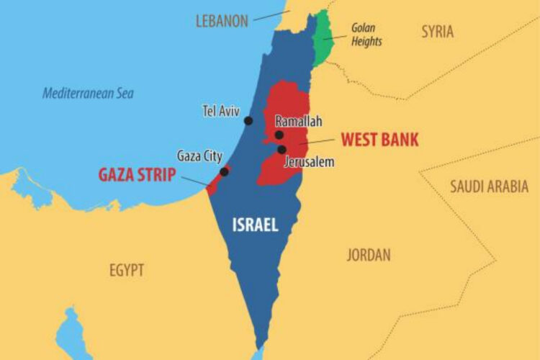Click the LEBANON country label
click(x=222, y=21)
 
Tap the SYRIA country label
click(x=437, y=32)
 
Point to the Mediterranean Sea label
click(x=88, y=93)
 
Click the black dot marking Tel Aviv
click(x=248, y=120)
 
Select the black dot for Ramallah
click(x=279, y=135)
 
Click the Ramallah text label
click(x=298, y=122)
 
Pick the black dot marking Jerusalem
click(x=282, y=150)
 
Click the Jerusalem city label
click(x=310, y=162)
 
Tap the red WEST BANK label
click(x=379, y=138)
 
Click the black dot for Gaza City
click(x=224, y=171)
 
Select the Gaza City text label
click(x=200, y=156)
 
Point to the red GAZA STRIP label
click(x=137, y=175)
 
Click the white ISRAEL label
click(x=255, y=225)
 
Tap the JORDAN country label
click(x=369, y=254)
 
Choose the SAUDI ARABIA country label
click(x=489, y=186)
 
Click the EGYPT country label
click(x=127, y=271)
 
